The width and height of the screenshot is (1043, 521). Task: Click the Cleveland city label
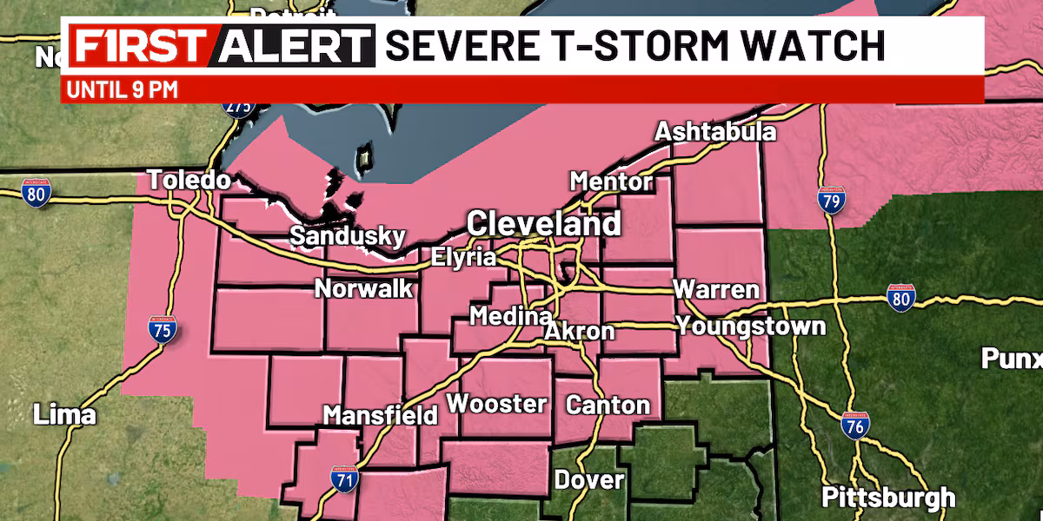tap(544, 224)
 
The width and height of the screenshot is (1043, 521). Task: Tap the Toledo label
tap(189, 181)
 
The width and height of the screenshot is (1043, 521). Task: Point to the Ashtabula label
tap(715, 132)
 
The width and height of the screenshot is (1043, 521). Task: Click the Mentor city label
tap(611, 181)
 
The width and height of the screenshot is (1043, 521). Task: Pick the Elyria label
tap(464, 257)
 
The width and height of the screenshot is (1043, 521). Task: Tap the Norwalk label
tap(363, 288)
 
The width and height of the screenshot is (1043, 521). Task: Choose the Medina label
tap(510, 316)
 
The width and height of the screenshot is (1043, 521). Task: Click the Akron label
tap(580, 331)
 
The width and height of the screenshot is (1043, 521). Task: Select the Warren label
tap(716, 289)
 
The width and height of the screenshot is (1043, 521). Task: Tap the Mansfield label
tap(380, 415)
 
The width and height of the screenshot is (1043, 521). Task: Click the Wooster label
tap(496, 404)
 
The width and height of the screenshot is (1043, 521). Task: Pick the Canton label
tap(608, 405)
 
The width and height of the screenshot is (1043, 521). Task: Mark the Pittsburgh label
tap(888, 498)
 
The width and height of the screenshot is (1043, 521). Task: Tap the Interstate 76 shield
tap(856, 426)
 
